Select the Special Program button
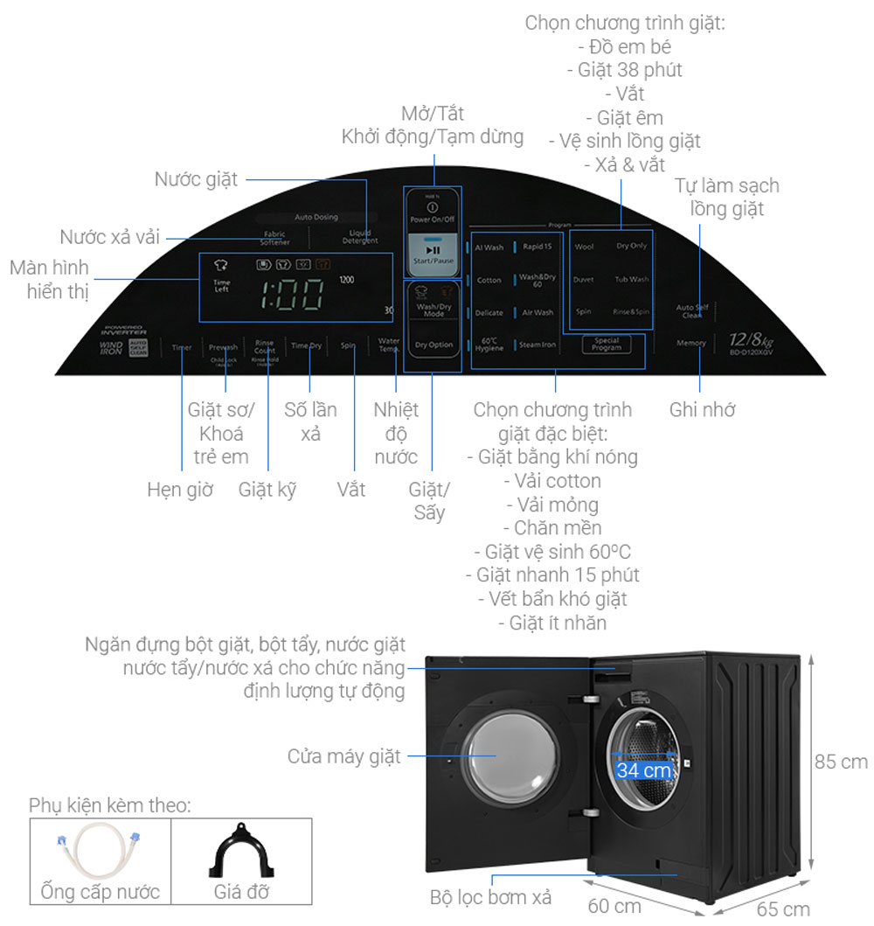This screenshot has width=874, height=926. pos(606,345)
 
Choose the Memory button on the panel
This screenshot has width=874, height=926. pos(690,344)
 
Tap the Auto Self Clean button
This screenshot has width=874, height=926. pos(692,310)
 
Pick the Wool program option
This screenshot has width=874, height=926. pos(584,247)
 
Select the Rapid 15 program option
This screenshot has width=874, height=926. pos(537,247)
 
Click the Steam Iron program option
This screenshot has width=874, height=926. pos(537,345)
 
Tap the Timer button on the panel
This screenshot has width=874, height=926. pos(181,347)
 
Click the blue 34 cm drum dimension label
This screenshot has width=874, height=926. pos(644,770)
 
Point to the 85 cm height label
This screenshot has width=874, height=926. pos(841,762)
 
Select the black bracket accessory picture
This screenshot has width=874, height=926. pos(241,852)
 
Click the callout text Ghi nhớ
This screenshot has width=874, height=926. pos(702,409)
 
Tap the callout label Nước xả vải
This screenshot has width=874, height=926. pos(110,236)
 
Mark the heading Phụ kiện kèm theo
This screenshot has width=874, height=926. pos(109,805)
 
